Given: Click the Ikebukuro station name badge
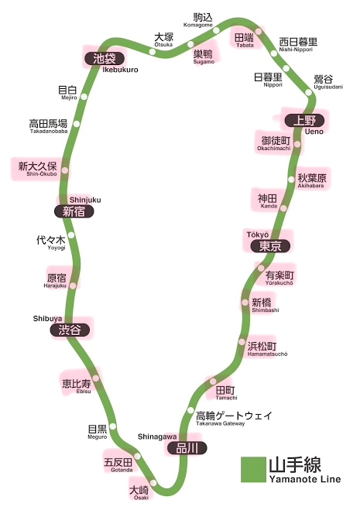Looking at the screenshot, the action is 105,59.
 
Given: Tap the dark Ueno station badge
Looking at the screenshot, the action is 304,121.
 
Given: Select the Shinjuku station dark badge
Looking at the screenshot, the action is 74,212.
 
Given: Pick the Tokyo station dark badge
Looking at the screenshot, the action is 270,246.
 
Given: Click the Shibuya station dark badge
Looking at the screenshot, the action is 70,330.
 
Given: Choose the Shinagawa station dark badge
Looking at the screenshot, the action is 187,449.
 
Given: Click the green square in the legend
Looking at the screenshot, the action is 253,469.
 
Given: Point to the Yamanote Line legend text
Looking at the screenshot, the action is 305,470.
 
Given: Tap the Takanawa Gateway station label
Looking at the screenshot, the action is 234,418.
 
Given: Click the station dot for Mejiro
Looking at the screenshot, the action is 84,97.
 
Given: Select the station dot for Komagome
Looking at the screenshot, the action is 216,31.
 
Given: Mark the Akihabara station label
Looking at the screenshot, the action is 312,180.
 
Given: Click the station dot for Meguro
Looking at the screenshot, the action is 112,426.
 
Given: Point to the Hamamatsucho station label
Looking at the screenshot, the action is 267,349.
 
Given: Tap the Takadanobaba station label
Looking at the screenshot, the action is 49,126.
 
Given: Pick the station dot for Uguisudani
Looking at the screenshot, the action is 309,92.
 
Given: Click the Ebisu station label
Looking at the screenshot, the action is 77,386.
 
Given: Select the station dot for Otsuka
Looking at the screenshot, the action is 152,51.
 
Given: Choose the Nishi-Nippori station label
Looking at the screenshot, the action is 298,45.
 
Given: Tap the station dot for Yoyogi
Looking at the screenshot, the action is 71,235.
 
